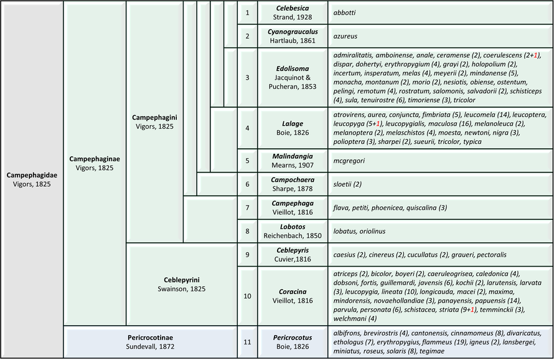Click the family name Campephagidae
32,175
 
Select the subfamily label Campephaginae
95,159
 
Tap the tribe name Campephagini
154,118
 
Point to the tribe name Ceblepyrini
182,280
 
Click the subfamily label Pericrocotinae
150,338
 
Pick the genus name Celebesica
293,8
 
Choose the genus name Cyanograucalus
293,32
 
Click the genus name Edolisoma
293,69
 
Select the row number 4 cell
247,128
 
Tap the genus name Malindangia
293,156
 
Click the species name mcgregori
349,161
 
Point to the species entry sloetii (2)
347,184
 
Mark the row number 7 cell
247,207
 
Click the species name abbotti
344,12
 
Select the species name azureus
345,36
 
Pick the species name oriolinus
372,231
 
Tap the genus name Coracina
293,291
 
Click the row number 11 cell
247,342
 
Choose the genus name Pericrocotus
293,338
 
